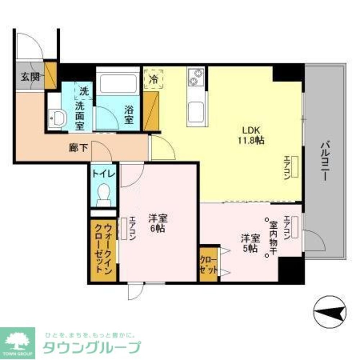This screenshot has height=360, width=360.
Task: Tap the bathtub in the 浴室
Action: pos(118,84)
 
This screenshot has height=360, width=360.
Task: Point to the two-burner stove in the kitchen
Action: pos(195,77)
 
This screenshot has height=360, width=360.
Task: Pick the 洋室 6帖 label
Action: pos(158,223)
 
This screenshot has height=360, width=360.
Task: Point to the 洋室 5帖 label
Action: pos(249,243)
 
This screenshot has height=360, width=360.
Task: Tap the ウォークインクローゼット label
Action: pos(104,248)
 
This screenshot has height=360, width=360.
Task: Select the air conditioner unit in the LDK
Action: pos(295,167)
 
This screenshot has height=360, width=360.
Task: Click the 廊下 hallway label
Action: pos(78,148)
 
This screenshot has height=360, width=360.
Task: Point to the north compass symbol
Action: pos(330,311)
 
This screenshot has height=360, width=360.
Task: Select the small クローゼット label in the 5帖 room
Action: pos(208,265)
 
